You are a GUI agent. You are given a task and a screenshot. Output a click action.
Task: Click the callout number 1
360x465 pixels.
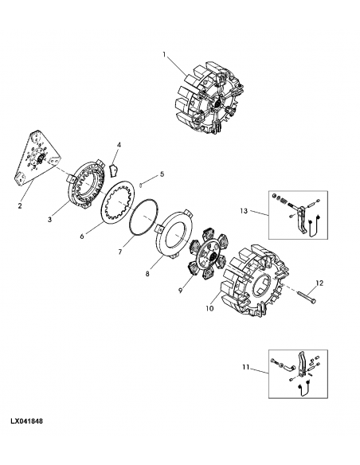click(164, 55)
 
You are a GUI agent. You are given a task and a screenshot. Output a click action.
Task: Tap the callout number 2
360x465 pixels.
click(20, 205)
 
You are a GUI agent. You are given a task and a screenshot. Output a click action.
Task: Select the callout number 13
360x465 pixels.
click(244, 211)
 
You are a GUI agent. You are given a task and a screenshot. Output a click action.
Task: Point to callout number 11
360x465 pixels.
click(246, 367)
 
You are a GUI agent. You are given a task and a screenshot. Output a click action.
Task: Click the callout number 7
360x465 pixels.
click(120, 252)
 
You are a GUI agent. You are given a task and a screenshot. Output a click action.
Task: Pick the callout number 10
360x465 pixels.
click(209, 308)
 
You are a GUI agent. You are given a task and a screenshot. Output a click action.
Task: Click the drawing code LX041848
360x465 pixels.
click(27, 421)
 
